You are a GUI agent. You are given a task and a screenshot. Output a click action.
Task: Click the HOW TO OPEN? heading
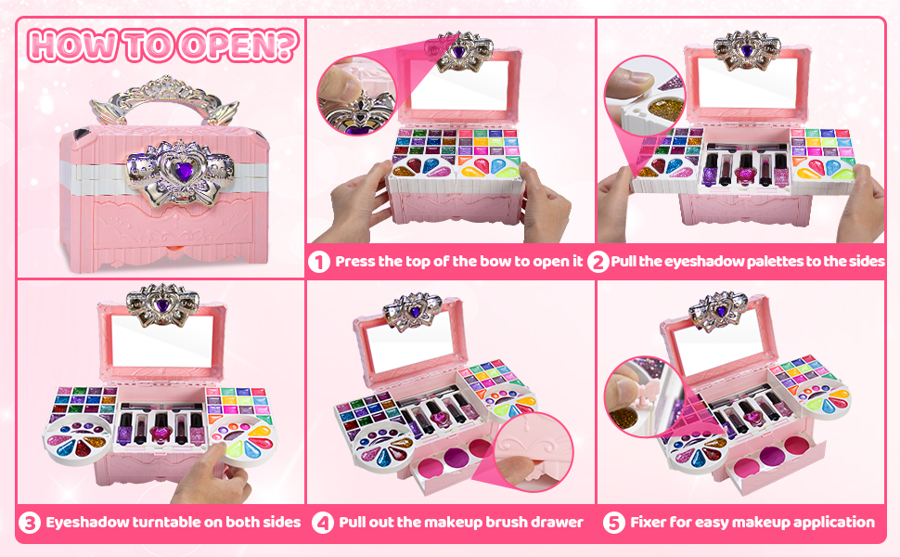[x=162, y=45]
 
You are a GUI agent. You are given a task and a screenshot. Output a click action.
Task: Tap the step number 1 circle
[x=319, y=262]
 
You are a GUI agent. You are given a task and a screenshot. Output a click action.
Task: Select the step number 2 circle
[x=598, y=262]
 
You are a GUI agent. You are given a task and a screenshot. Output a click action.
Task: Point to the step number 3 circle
[x=31, y=523]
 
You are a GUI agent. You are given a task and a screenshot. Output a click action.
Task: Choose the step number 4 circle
[x=322, y=523]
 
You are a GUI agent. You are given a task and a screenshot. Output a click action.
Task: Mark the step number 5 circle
[x=613, y=523]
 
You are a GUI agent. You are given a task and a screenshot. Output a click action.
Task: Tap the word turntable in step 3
[x=161, y=523]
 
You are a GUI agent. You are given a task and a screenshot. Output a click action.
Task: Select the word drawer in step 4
[x=555, y=523]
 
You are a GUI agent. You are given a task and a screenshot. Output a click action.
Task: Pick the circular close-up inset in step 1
[x=354, y=97]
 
